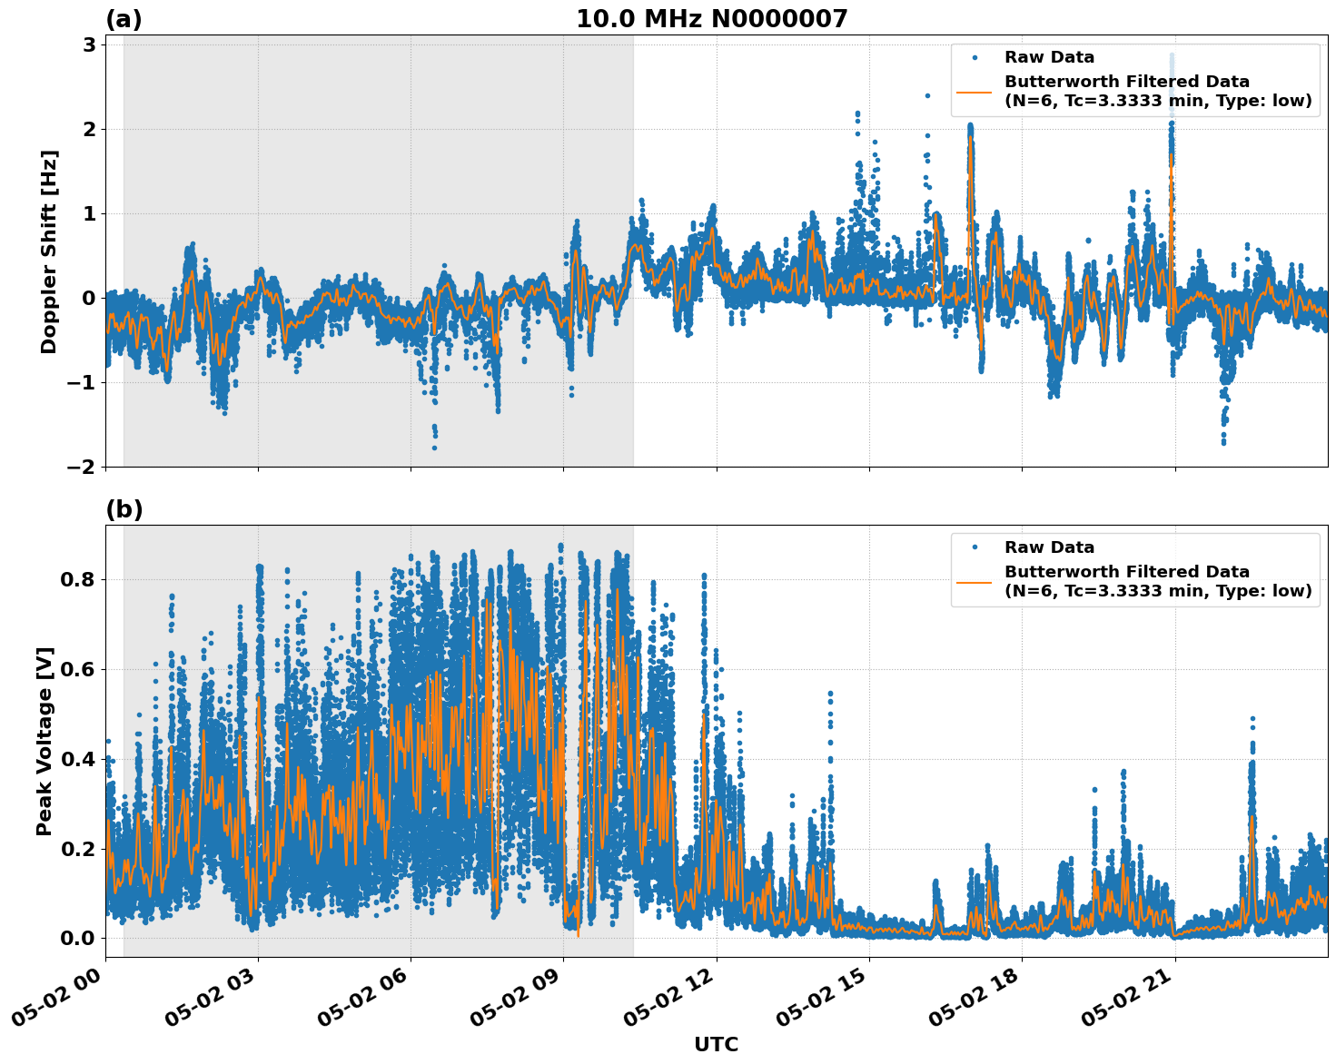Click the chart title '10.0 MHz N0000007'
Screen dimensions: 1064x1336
(x=711, y=19)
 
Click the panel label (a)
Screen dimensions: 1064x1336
(x=124, y=19)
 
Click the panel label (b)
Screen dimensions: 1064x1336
(x=124, y=509)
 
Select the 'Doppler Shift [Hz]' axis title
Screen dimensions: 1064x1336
(x=49, y=251)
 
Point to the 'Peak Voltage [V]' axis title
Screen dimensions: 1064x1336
(x=45, y=741)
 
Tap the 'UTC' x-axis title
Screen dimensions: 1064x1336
(x=716, y=1044)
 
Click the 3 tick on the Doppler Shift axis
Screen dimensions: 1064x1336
(x=89, y=44)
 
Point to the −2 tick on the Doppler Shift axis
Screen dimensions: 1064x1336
(x=82, y=467)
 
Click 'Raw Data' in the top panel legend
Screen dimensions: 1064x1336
(x=1049, y=57)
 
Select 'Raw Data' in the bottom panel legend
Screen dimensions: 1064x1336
(x=1049, y=547)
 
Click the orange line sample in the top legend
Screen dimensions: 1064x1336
(x=974, y=91)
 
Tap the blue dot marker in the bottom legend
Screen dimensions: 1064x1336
(x=974, y=547)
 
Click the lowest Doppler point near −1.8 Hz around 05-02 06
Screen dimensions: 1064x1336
(x=434, y=447)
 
